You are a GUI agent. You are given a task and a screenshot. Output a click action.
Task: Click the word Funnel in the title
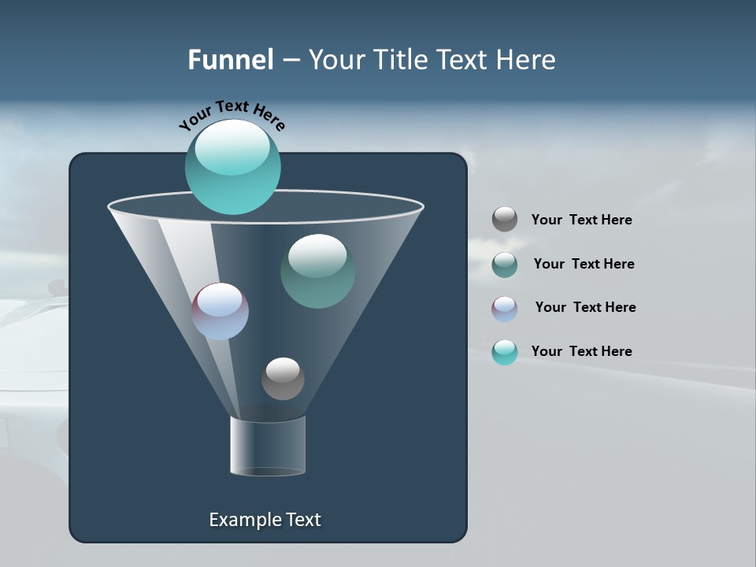230,60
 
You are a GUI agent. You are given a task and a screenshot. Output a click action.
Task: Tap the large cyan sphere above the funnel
232,167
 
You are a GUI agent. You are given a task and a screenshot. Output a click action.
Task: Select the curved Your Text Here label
232,115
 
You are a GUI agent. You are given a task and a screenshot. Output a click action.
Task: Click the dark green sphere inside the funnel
317,271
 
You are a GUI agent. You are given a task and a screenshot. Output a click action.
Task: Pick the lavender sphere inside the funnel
220,311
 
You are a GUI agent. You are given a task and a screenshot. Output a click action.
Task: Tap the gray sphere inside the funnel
283,379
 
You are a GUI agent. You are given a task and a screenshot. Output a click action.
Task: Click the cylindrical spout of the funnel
268,446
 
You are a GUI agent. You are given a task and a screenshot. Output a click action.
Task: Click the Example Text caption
265,520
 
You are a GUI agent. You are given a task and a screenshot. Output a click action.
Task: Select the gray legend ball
505,219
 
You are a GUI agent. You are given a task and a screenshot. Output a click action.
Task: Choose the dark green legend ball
505,265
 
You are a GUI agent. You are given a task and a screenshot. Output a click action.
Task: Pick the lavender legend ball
505,309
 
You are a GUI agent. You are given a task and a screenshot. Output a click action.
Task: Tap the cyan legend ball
505,352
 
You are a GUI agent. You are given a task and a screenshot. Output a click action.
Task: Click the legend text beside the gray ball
581,220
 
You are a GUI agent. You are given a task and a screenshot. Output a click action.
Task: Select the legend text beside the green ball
584,264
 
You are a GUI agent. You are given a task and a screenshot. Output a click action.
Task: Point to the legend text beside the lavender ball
585,307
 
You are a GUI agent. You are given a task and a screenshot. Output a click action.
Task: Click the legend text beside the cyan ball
581,351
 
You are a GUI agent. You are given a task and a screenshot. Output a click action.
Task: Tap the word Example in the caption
244,520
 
